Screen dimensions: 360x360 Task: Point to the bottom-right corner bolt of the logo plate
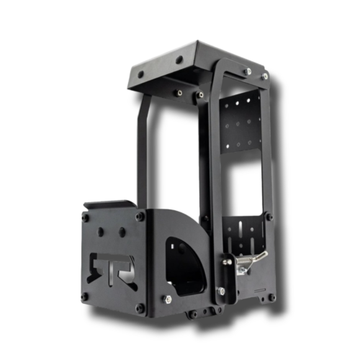[x=140, y=308]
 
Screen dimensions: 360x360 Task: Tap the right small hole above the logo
[x=122, y=232]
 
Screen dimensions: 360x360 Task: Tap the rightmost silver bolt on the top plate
[x=265, y=76]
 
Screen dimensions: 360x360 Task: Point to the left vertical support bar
[x=143, y=151]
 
